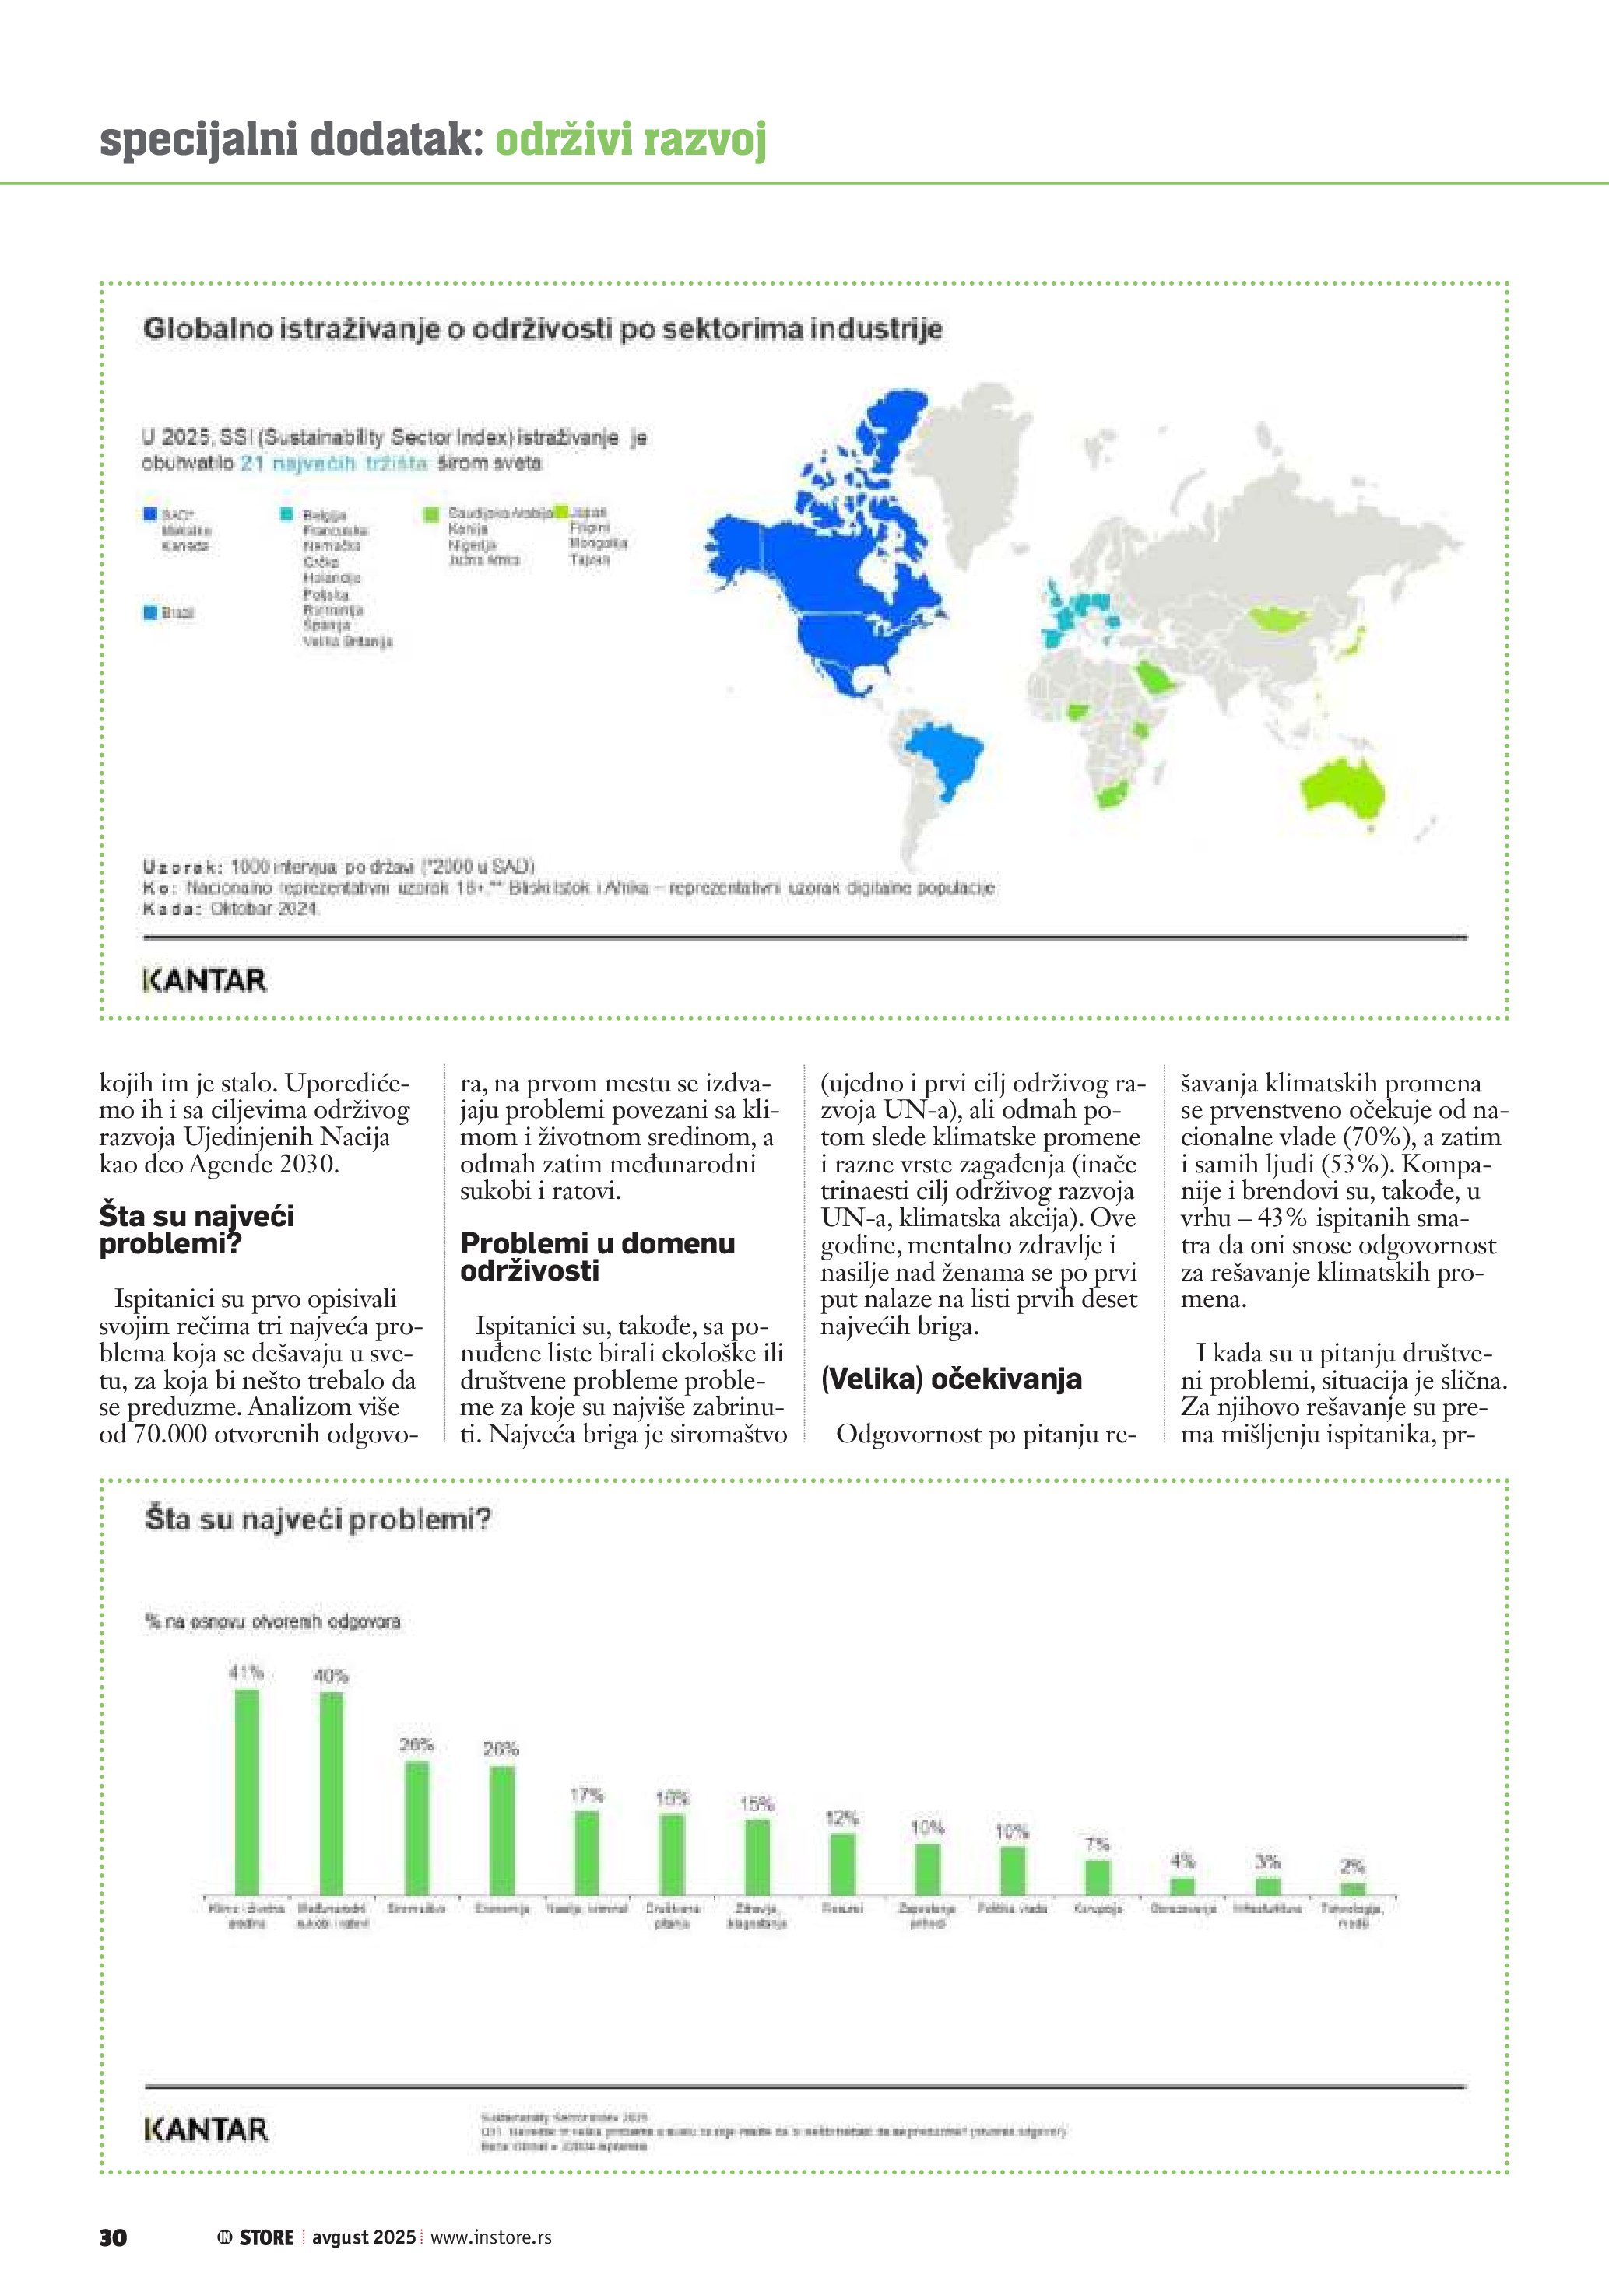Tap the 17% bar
pos(586,1852)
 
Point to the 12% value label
pos(841,1817)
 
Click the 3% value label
pos(1267,1861)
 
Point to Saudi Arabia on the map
pos(1155,679)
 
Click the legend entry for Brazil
pos(177,613)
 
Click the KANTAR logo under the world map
pos(205,980)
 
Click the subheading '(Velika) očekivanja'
pos(950,1379)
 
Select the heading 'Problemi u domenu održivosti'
pos(597,1257)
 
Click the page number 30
pos(113,2237)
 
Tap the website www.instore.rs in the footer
pos(490,2237)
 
